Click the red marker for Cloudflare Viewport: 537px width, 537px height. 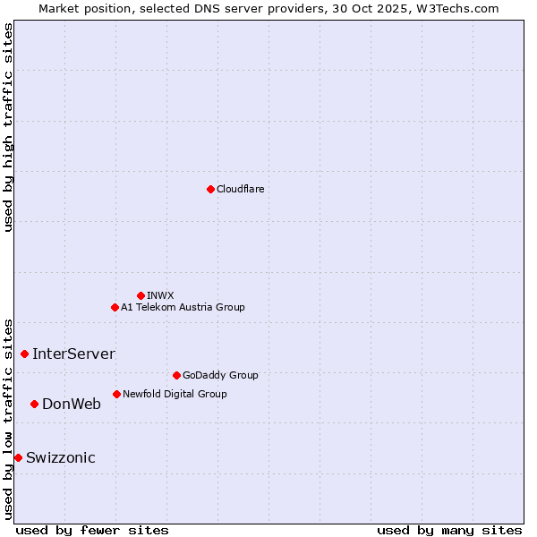click(210, 189)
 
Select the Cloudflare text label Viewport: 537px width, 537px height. click(240, 189)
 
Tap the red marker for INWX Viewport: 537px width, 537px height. click(141, 295)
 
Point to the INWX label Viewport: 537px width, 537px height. click(160, 295)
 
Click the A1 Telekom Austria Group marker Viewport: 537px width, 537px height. click(115, 307)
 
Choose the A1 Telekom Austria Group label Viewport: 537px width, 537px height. click(183, 307)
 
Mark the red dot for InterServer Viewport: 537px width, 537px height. click(24, 354)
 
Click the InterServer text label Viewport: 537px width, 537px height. click(73, 354)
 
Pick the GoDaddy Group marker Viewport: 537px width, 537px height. click(176, 375)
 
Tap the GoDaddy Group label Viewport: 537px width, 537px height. click(220, 375)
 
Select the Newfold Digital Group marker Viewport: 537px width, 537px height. click(116, 394)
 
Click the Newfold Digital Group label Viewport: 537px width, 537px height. click(175, 394)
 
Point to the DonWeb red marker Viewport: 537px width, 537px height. click(34, 404)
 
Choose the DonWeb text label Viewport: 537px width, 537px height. click(72, 404)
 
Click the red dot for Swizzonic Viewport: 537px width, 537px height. click(18, 457)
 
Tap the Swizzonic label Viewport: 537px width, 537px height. click(60, 457)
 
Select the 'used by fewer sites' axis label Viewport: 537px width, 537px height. click(92, 530)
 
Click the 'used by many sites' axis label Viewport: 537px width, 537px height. click(449, 530)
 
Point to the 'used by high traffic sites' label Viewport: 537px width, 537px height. click(8, 127)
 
